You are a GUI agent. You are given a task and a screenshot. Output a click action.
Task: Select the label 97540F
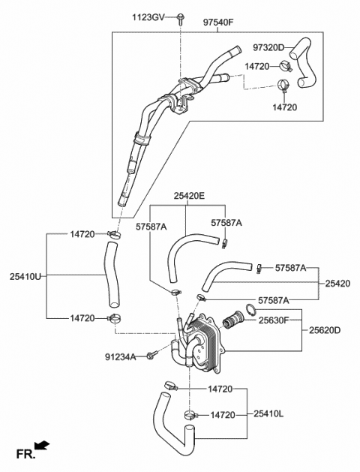click(x=218, y=23)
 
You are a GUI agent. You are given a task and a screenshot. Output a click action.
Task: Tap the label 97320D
click(x=268, y=48)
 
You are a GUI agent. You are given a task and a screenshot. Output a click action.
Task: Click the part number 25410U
click(x=25, y=276)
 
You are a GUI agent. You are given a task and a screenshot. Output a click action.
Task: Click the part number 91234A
click(x=120, y=357)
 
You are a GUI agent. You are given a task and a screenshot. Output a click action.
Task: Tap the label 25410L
click(x=269, y=413)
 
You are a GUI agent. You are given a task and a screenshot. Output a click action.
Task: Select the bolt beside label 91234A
click(x=151, y=354)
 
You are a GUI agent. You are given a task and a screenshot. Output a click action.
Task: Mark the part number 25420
click(x=336, y=284)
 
